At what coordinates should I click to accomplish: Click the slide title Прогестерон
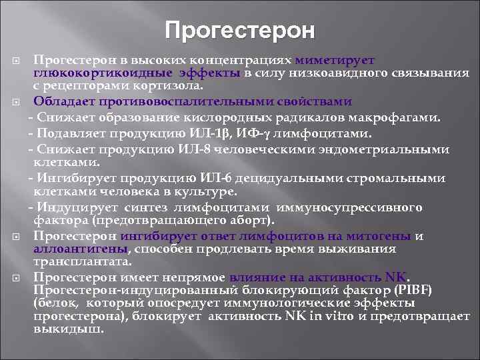[240, 30]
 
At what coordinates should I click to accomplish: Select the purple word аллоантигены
[79, 248]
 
